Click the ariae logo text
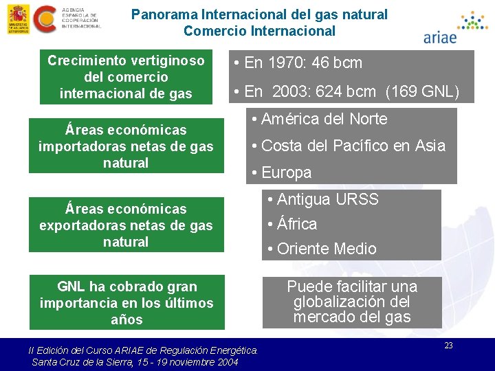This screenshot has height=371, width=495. (440, 37)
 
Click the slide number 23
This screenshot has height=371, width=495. (448, 346)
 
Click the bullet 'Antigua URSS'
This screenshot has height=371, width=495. (323, 199)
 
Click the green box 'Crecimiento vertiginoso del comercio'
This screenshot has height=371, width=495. (126, 77)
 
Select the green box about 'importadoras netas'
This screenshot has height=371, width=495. (126, 146)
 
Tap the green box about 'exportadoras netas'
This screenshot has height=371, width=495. (126, 225)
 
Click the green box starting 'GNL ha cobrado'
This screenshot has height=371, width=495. (126, 302)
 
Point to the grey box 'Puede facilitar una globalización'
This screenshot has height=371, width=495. (351, 302)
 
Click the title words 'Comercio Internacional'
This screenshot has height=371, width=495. (259, 31)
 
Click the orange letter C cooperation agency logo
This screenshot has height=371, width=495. (46, 19)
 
